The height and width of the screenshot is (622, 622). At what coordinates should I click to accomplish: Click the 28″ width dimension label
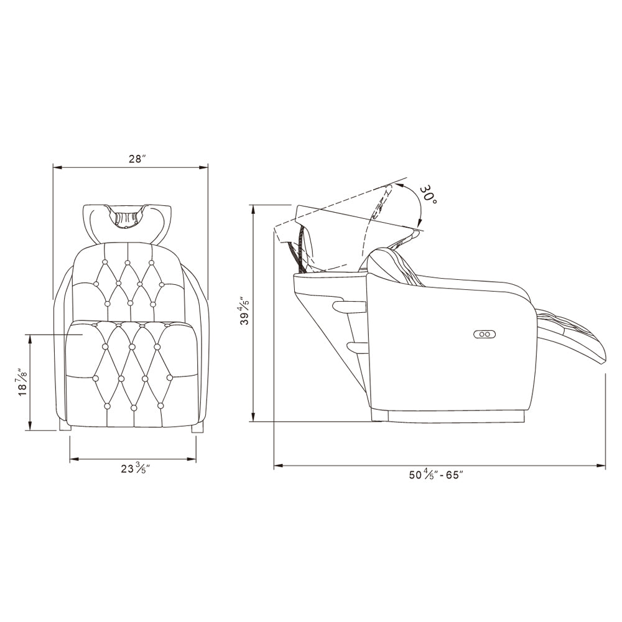137,159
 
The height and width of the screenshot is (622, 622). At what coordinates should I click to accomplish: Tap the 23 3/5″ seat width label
136,469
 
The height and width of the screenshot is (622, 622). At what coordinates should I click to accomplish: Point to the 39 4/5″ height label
246,309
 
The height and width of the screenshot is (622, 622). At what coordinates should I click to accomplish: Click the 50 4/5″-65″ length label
436,475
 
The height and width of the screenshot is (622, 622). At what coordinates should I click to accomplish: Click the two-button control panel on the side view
485,334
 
